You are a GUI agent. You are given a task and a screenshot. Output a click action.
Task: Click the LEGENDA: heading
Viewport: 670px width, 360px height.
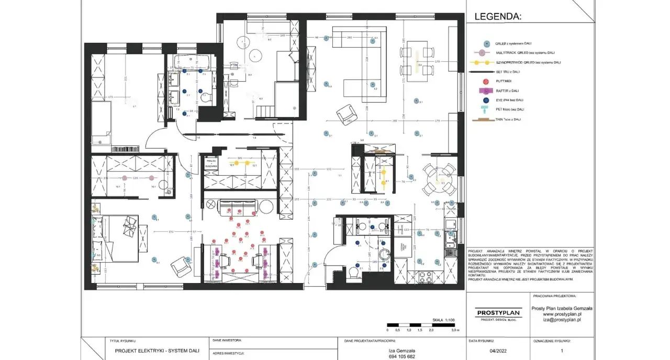click(498, 17)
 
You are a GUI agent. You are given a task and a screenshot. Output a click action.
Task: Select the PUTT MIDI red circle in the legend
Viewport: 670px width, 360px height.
click(486, 81)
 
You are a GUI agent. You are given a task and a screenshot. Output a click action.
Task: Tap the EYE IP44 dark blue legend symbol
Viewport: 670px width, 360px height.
click(486, 99)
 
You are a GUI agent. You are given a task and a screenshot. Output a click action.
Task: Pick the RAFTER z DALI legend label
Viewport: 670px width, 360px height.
click(507, 90)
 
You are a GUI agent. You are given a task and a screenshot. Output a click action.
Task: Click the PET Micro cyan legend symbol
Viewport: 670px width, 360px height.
click(486, 109)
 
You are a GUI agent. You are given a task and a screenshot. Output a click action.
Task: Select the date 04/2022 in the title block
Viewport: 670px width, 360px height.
click(499, 352)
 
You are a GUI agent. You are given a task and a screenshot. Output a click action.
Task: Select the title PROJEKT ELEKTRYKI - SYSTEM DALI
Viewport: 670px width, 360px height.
click(155, 352)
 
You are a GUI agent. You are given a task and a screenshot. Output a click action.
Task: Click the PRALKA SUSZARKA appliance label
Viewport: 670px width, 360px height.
click(211, 163)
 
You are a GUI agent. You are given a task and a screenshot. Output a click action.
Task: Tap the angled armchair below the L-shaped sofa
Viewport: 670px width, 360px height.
click(346, 114)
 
